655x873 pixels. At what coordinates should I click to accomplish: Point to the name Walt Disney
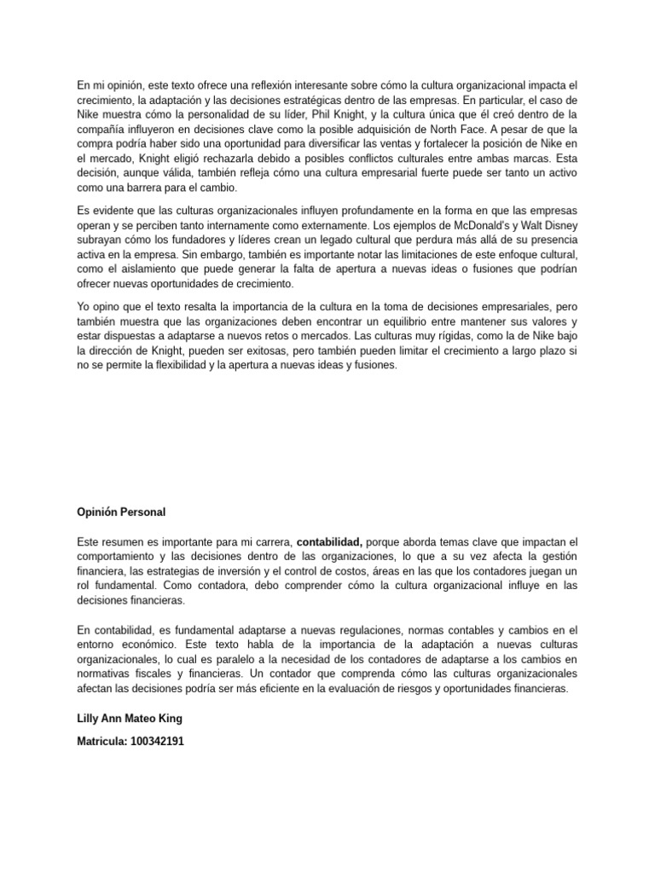point(549,224)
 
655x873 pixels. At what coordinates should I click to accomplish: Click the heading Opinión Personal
point(121,512)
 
